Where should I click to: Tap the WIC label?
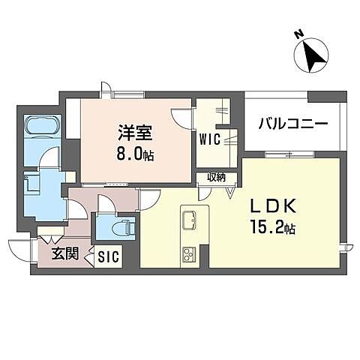pyautogui.click(x=208, y=139)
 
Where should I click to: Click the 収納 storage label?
pyautogui.click(x=217, y=178)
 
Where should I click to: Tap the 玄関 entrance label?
pyautogui.click(x=65, y=253)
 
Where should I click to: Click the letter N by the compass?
pyautogui.click(x=298, y=34)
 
